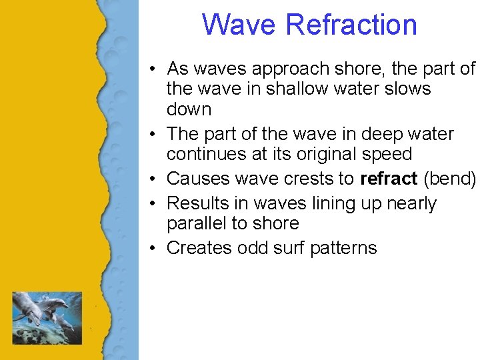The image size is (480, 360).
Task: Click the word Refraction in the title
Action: (x=351, y=25)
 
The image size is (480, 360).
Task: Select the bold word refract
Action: (x=389, y=179)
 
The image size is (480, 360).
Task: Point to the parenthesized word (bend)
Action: (x=449, y=179)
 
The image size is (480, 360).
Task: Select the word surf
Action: (x=293, y=248)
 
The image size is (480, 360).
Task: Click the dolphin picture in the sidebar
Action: (x=47, y=317)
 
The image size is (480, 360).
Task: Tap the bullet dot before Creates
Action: (x=153, y=249)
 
